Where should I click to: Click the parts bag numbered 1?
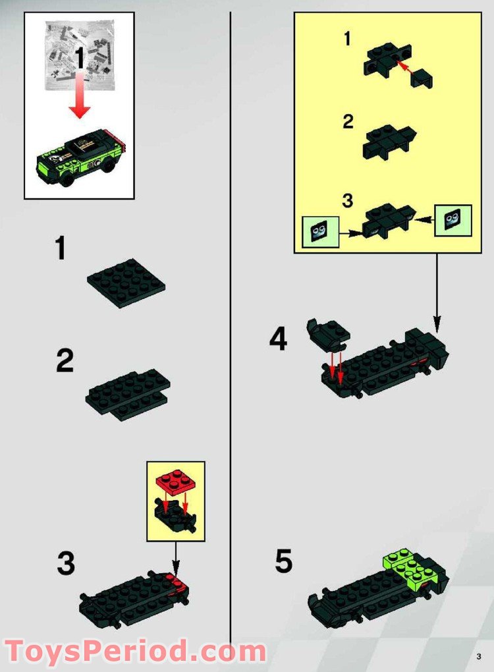coord(79,56)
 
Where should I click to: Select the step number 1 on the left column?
coord(61,250)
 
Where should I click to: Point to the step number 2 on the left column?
coord(65,362)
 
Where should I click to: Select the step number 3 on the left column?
coord(66,563)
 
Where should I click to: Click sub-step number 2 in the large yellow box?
coord(348,122)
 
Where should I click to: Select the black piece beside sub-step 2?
coord(389,140)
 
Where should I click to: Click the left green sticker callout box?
coord(320,232)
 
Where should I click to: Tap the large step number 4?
coord(278,340)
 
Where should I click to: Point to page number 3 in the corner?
coord(479,656)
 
